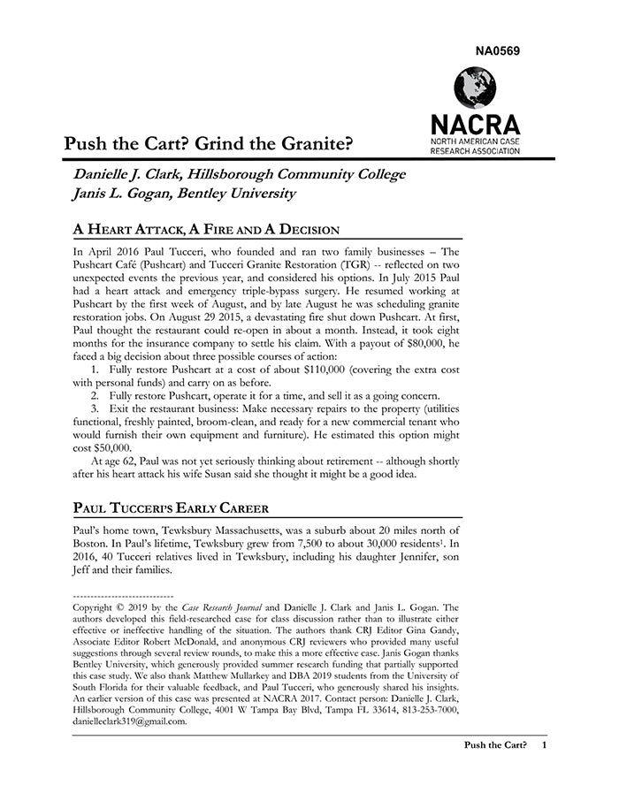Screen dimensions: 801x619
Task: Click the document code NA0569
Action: click(x=495, y=50)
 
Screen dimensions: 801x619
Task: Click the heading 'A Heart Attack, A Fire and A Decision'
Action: click(x=205, y=230)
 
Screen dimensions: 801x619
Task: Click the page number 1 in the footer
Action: click(x=544, y=745)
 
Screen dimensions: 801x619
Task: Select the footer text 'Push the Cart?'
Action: click(x=495, y=745)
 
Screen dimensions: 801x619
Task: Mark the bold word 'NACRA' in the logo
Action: click(x=475, y=125)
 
